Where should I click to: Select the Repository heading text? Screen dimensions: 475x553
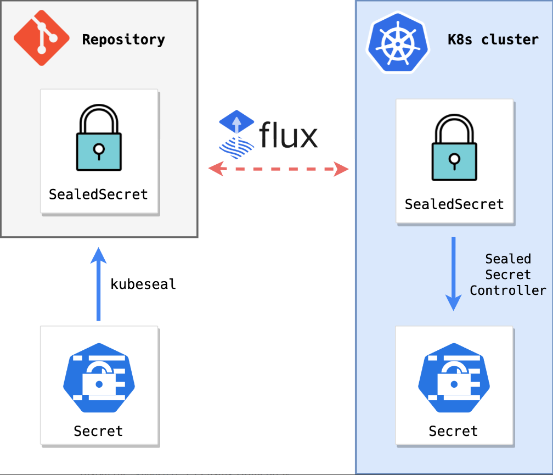(123, 40)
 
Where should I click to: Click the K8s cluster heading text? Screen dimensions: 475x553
(493, 40)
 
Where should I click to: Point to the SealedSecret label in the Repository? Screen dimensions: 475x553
(99, 194)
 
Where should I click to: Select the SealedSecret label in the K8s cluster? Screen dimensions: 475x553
(454, 204)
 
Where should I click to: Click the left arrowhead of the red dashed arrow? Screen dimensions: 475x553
(215, 169)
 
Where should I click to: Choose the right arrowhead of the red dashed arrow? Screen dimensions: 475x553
(342, 169)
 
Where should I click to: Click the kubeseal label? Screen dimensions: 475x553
(143, 284)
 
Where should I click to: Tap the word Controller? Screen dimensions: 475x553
(508, 290)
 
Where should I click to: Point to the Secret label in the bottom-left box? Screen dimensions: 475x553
(99, 431)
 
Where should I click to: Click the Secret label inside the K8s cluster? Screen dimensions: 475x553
(454, 431)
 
